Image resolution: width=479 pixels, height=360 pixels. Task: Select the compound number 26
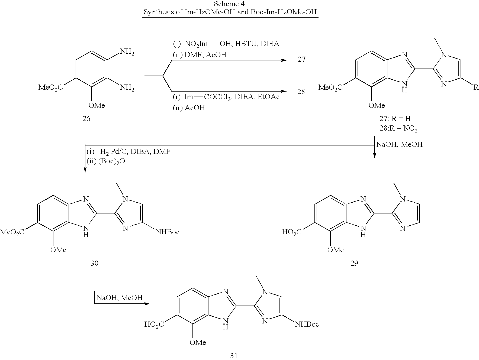pyautogui.click(x=86, y=119)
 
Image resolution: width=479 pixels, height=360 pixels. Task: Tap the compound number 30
pyautogui.click(x=94, y=263)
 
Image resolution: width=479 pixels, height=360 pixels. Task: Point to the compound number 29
pyautogui.click(x=354, y=263)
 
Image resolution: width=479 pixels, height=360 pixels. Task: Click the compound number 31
pyautogui.click(x=234, y=356)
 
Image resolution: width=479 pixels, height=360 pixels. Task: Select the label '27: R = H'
pyautogui.click(x=395, y=119)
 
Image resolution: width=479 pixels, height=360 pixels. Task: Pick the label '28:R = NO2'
pyautogui.click(x=398, y=128)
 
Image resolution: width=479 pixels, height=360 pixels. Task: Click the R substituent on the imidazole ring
pyautogui.click(x=476, y=87)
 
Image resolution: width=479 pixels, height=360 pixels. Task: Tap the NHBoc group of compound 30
pyautogui.click(x=168, y=232)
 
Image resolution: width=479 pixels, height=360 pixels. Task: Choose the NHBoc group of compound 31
pyautogui.click(x=307, y=324)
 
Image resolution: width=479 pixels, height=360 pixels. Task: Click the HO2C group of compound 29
pyautogui.click(x=292, y=232)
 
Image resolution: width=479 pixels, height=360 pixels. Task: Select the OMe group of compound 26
pyautogui.click(x=97, y=105)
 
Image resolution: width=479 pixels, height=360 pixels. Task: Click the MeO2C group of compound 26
pyautogui.click(x=50, y=87)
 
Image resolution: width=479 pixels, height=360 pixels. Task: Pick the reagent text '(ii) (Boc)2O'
pyautogui.click(x=106, y=161)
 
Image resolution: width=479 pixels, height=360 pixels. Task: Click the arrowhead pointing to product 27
pyautogui.click(x=284, y=60)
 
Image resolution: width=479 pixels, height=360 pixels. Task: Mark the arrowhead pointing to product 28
pyautogui.click(x=284, y=92)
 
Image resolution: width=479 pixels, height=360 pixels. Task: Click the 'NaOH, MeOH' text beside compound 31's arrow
pyautogui.click(x=120, y=298)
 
